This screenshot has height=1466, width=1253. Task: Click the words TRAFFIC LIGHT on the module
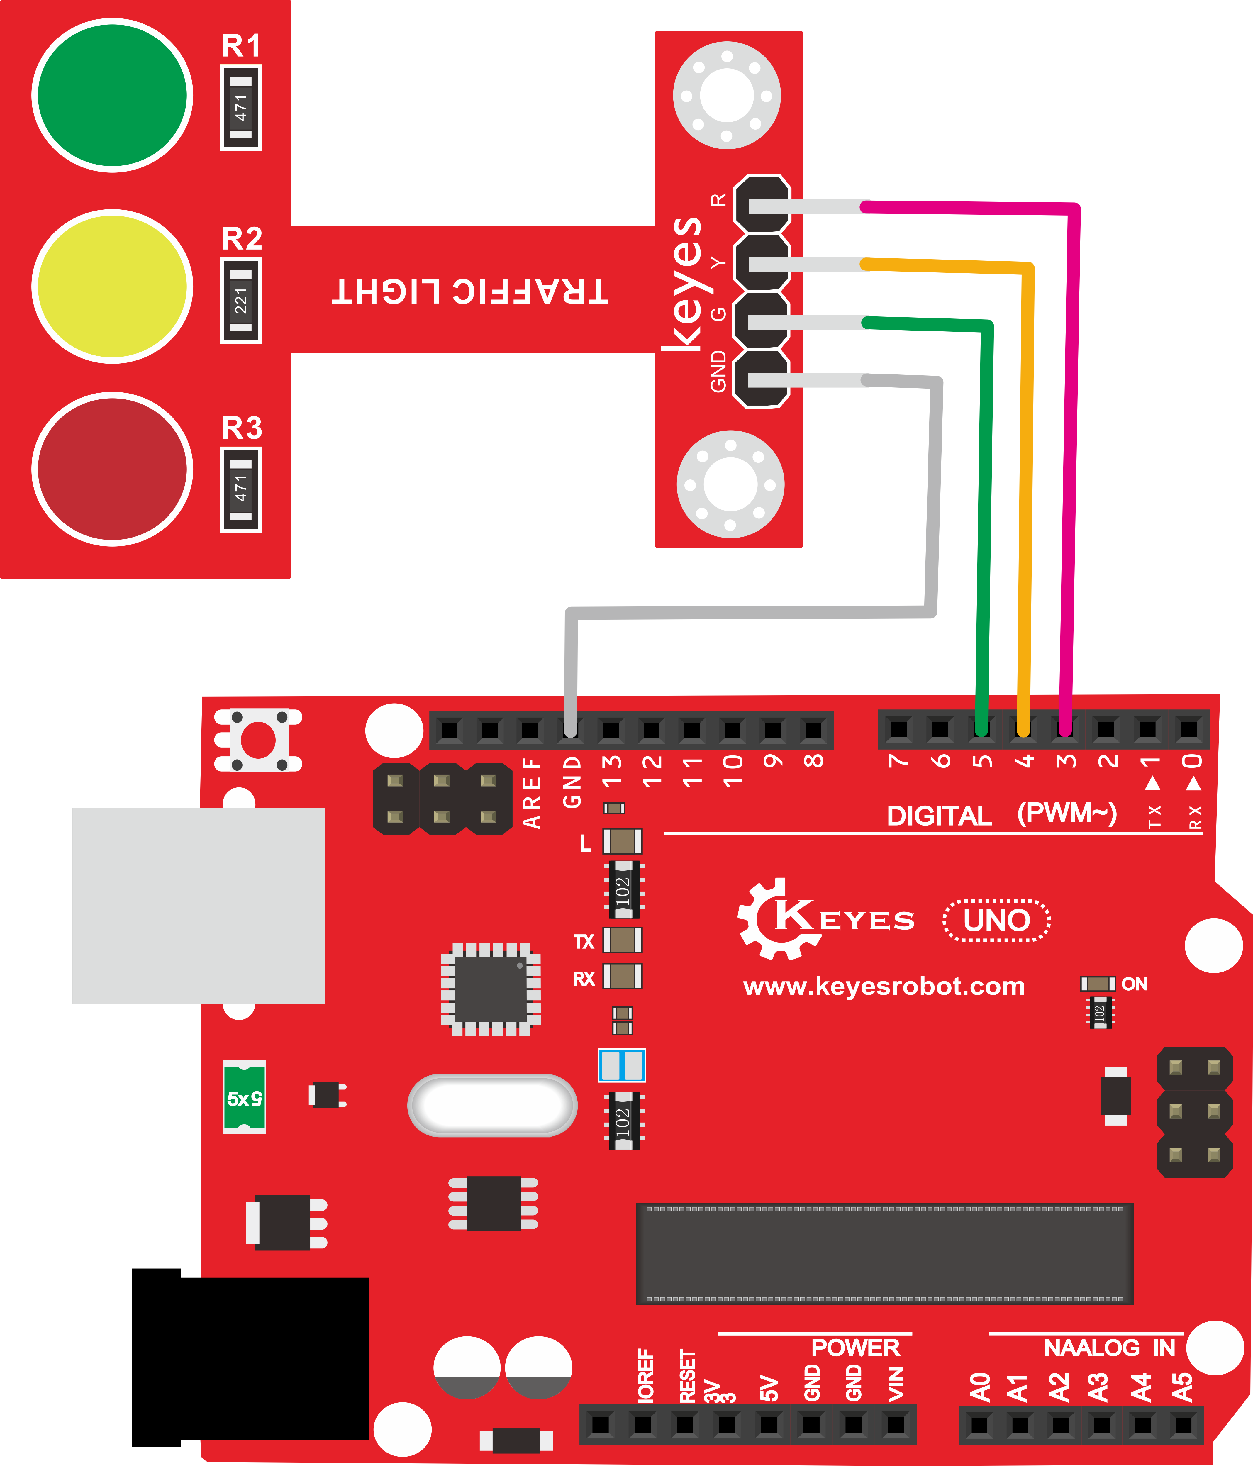470,291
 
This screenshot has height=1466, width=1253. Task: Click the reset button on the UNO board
258,740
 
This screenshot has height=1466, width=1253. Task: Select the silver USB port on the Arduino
199,906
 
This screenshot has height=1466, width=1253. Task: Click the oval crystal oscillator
492,1105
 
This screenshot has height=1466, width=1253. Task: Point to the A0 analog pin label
980,1387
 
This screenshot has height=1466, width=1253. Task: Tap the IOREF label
645,1375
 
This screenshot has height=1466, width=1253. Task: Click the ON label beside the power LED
1134,984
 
